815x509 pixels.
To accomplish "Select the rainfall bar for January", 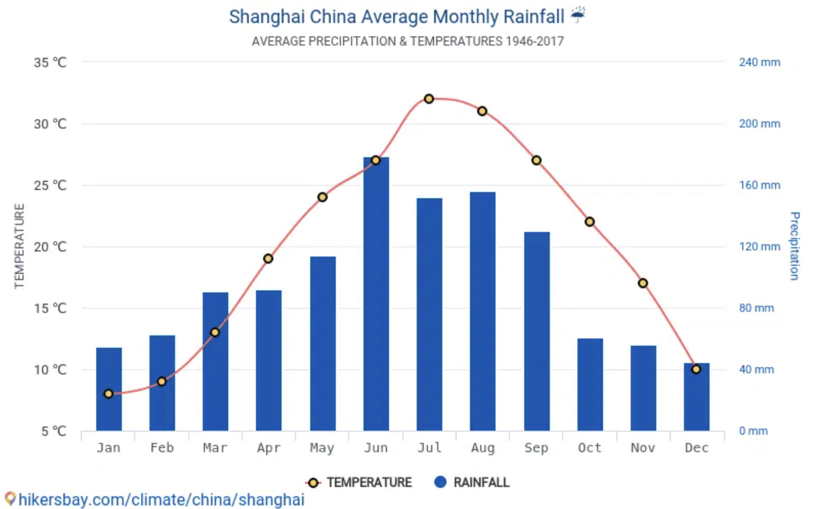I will pos(109,389).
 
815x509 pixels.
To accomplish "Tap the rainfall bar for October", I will pos(590,385).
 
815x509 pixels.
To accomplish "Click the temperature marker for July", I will pos(429,99).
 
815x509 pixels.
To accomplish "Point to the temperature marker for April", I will pos(268,259).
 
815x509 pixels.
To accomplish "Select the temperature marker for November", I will pos(643,283).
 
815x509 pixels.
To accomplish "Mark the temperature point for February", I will pos(162,381).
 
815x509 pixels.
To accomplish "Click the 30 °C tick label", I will pos(50,124).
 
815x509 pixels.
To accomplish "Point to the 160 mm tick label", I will pos(759,185).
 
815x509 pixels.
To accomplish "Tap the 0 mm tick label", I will pos(753,431).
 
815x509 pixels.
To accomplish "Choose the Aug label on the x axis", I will pos(483,448).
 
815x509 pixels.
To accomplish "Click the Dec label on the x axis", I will pos(696,448).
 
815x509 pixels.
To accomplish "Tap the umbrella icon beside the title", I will pos(578,15).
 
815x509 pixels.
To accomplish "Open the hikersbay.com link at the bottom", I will pos(161,500).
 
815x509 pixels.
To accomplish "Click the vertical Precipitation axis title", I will pos(794,246).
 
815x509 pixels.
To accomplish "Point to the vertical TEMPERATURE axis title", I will pos(19,246).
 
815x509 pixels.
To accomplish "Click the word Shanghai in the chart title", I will pos(267,17).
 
